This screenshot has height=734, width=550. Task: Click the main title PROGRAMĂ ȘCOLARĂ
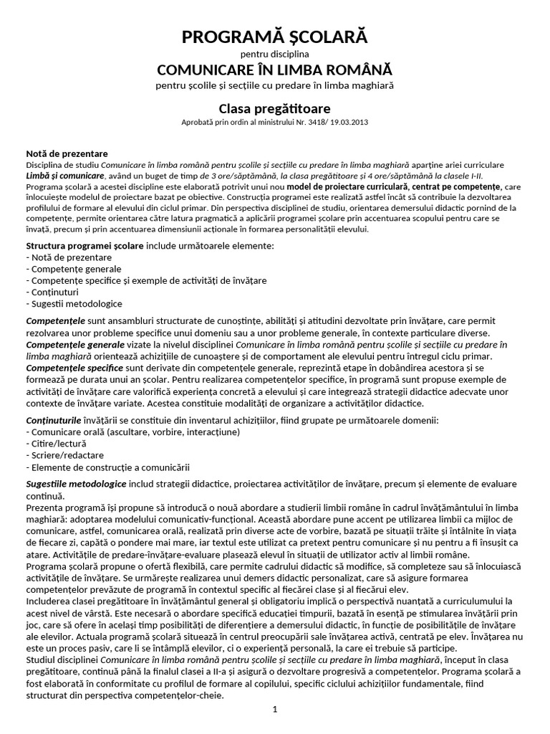click(x=275, y=37)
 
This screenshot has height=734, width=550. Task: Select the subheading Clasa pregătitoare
click(x=275, y=109)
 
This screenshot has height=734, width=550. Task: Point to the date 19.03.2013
click(x=352, y=123)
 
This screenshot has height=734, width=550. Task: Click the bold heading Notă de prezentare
click(x=67, y=153)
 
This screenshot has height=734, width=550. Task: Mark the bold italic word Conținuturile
click(x=54, y=419)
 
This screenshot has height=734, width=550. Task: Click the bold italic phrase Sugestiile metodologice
click(x=77, y=485)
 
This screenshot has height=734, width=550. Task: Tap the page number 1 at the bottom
click(x=274, y=709)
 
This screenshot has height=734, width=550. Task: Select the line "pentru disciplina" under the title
click(x=275, y=54)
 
